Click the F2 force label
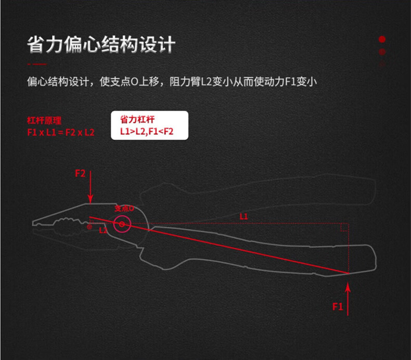tap(80, 173)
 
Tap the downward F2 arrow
tap(90, 190)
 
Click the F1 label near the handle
tap(338, 306)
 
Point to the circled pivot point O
tap(123, 225)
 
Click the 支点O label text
tap(124, 208)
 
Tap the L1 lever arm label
tap(243, 216)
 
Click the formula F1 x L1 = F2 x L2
tap(61, 132)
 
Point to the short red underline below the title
tap(36, 64)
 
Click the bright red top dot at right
tap(382, 39)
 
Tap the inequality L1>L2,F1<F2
tap(147, 132)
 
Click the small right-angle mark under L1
tap(343, 228)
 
